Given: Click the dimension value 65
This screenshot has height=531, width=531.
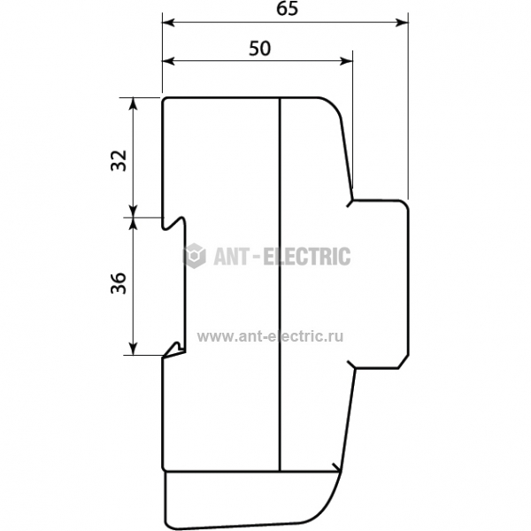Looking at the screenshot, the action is point(287,9).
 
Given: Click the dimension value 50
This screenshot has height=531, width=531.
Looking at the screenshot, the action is point(259,48).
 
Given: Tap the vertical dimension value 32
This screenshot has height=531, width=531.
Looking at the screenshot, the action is point(119,160).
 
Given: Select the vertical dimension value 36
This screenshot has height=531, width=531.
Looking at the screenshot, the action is point(119,283).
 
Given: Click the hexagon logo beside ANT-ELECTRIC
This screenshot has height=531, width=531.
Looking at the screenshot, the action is point(194,256).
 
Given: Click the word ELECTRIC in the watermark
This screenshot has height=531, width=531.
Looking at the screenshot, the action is point(307,256).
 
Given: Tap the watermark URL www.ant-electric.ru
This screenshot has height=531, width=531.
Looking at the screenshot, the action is point(270,336).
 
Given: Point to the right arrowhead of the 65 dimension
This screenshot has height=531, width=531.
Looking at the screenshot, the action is point(403,23).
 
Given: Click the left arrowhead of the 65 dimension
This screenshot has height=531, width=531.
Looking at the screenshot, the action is point(168,23).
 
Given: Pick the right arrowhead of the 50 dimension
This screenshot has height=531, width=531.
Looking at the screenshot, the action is point(346,61).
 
